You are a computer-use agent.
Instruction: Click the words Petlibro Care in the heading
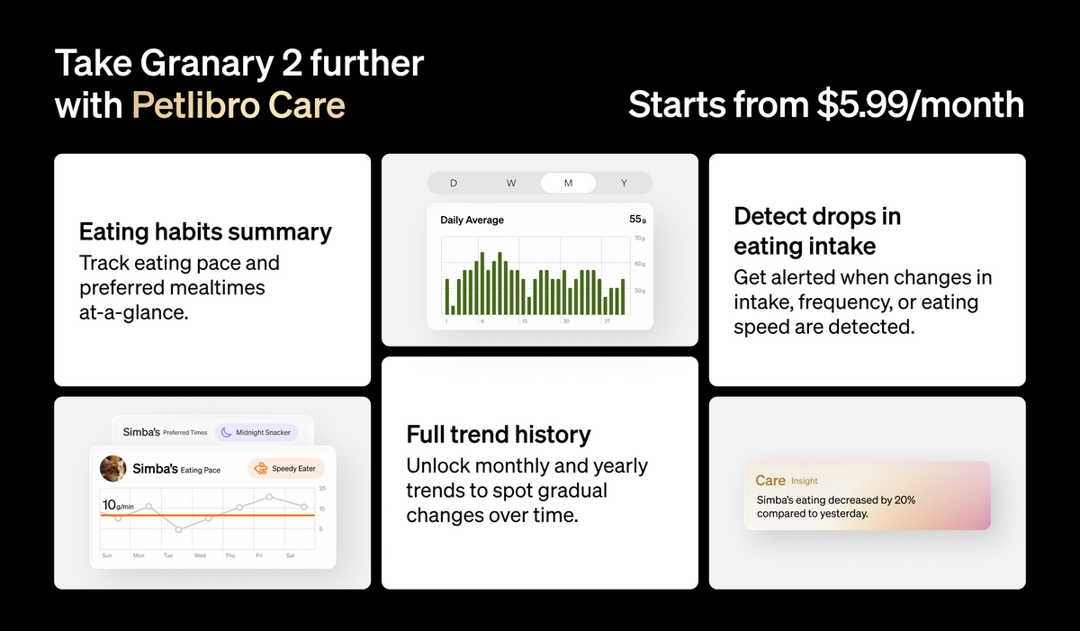[238, 104]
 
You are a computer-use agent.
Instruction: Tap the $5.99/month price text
[921, 104]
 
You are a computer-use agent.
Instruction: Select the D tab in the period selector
[454, 183]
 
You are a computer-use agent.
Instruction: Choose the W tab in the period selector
[511, 183]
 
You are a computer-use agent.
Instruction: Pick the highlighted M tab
[568, 183]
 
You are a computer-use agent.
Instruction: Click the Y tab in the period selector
[624, 183]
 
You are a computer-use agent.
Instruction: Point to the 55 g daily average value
[637, 220]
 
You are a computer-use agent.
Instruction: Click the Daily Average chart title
[472, 220]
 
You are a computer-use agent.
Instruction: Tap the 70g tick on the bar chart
[640, 239]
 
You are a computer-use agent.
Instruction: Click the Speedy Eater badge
[286, 469]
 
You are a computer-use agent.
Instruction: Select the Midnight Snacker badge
[256, 432]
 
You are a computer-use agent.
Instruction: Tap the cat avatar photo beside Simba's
[113, 469]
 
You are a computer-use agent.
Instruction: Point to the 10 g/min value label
[118, 505]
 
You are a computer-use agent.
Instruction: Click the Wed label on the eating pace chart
[200, 555]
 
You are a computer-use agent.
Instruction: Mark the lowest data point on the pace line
[179, 530]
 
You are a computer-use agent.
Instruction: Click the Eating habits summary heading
[205, 232]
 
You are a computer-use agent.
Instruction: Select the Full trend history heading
[499, 435]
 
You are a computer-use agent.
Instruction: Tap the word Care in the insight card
[770, 481]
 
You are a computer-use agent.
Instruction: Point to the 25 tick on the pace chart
[322, 488]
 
